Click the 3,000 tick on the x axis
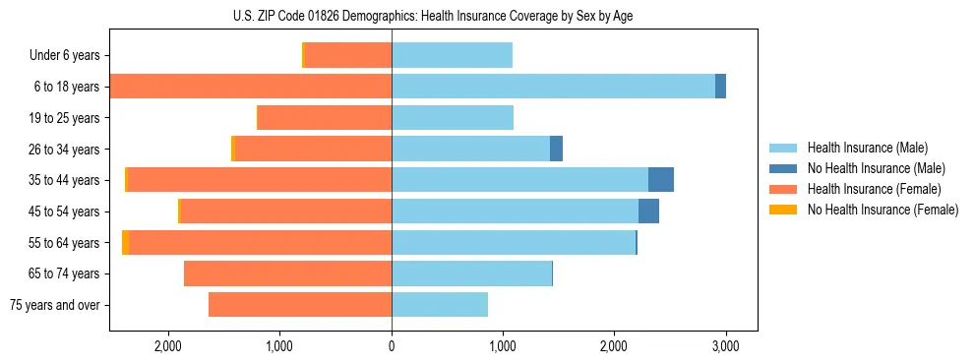(x=725, y=346)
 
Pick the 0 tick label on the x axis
(x=392, y=346)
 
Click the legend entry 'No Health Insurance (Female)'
(x=883, y=210)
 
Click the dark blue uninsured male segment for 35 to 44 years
(x=661, y=180)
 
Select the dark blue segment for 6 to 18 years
(x=720, y=87)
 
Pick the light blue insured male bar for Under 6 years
(x=452, y=56)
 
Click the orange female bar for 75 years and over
(x=300, y=305)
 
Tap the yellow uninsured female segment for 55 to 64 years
(x=125, y=243)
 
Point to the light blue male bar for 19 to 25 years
(x=453, y=118)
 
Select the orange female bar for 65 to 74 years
(x=287, y=273)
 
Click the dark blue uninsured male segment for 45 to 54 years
(x=648, y=212)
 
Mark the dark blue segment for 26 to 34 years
(x=556, y=150)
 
